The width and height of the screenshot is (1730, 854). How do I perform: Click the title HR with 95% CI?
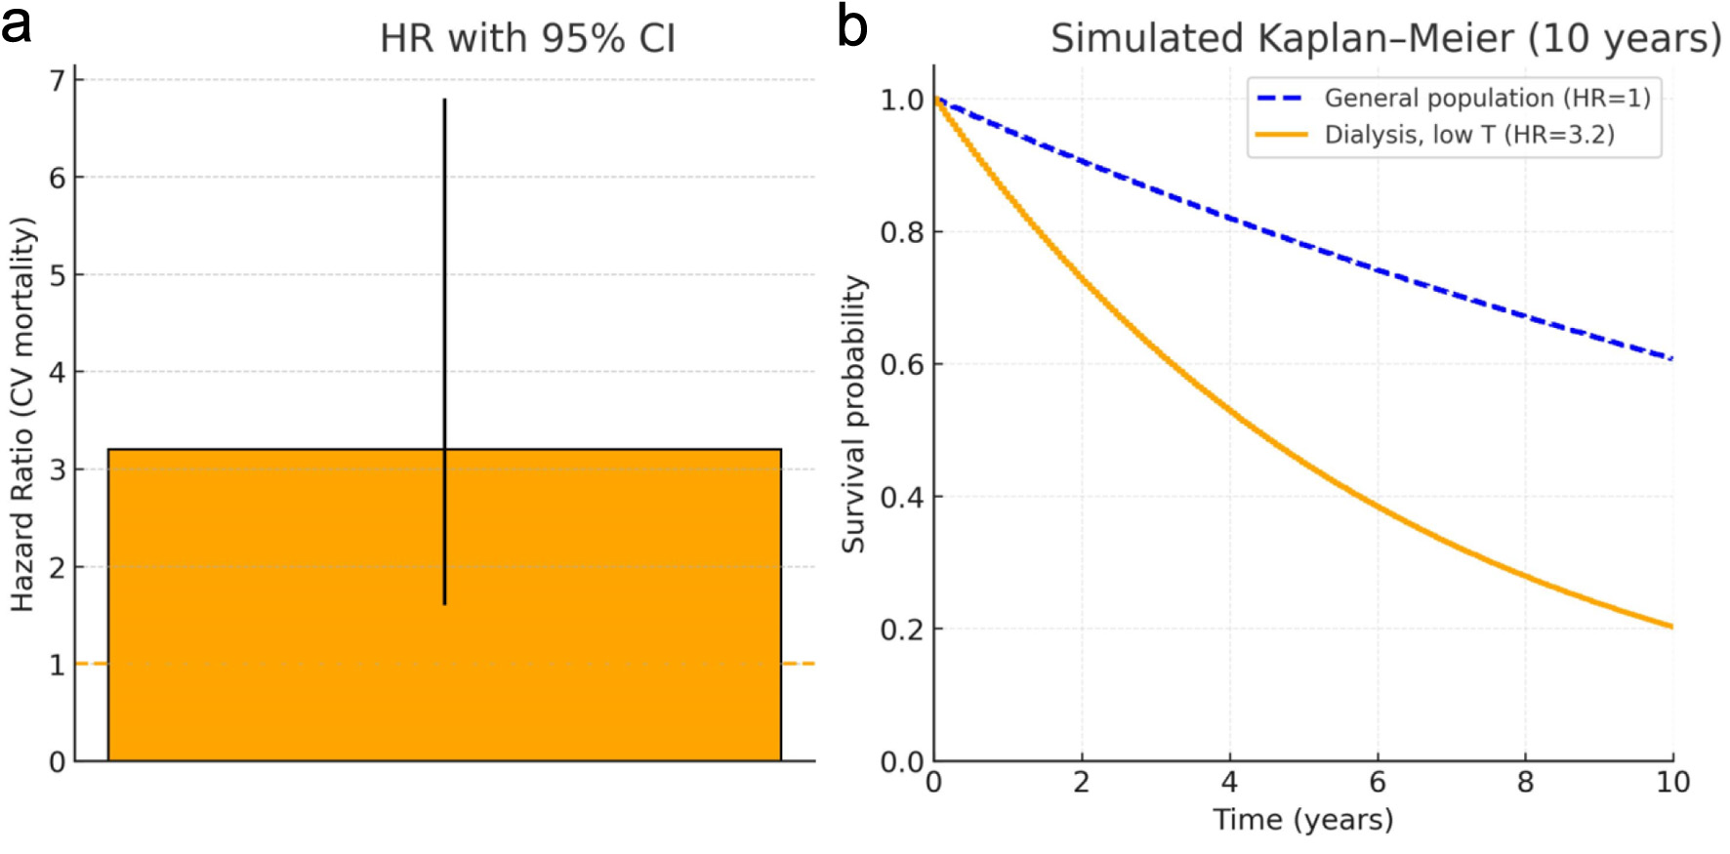tap(527, 39)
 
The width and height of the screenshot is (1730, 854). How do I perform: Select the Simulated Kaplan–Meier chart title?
tap(1385, 39)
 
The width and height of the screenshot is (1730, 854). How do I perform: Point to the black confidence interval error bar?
tap(444, 293)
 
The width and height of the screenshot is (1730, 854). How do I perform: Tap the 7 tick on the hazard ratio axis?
tap(58, 80)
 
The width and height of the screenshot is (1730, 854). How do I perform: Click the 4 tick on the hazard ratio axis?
tap(58, 372)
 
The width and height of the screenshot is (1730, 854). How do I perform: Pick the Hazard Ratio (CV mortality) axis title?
tap(22, 415)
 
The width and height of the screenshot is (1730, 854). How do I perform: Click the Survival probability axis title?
tap(854, 415)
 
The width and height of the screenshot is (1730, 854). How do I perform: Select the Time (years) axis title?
tap(1302, 820)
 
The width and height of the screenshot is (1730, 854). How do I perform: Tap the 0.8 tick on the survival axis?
tap(902, 232)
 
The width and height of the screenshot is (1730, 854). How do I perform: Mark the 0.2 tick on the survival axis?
tap(902, 630)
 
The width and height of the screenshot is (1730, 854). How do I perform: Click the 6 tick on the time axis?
tap(1377, 782)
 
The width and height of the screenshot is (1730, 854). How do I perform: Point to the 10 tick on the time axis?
tap(1672, 782)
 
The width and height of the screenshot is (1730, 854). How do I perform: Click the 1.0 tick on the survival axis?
tap(902, 100)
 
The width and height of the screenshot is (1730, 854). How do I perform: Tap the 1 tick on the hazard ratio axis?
tap(58, 665)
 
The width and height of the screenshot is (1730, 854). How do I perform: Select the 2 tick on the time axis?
tap(1081, 782)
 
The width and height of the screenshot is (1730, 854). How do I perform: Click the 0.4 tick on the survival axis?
tap(902, 497)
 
